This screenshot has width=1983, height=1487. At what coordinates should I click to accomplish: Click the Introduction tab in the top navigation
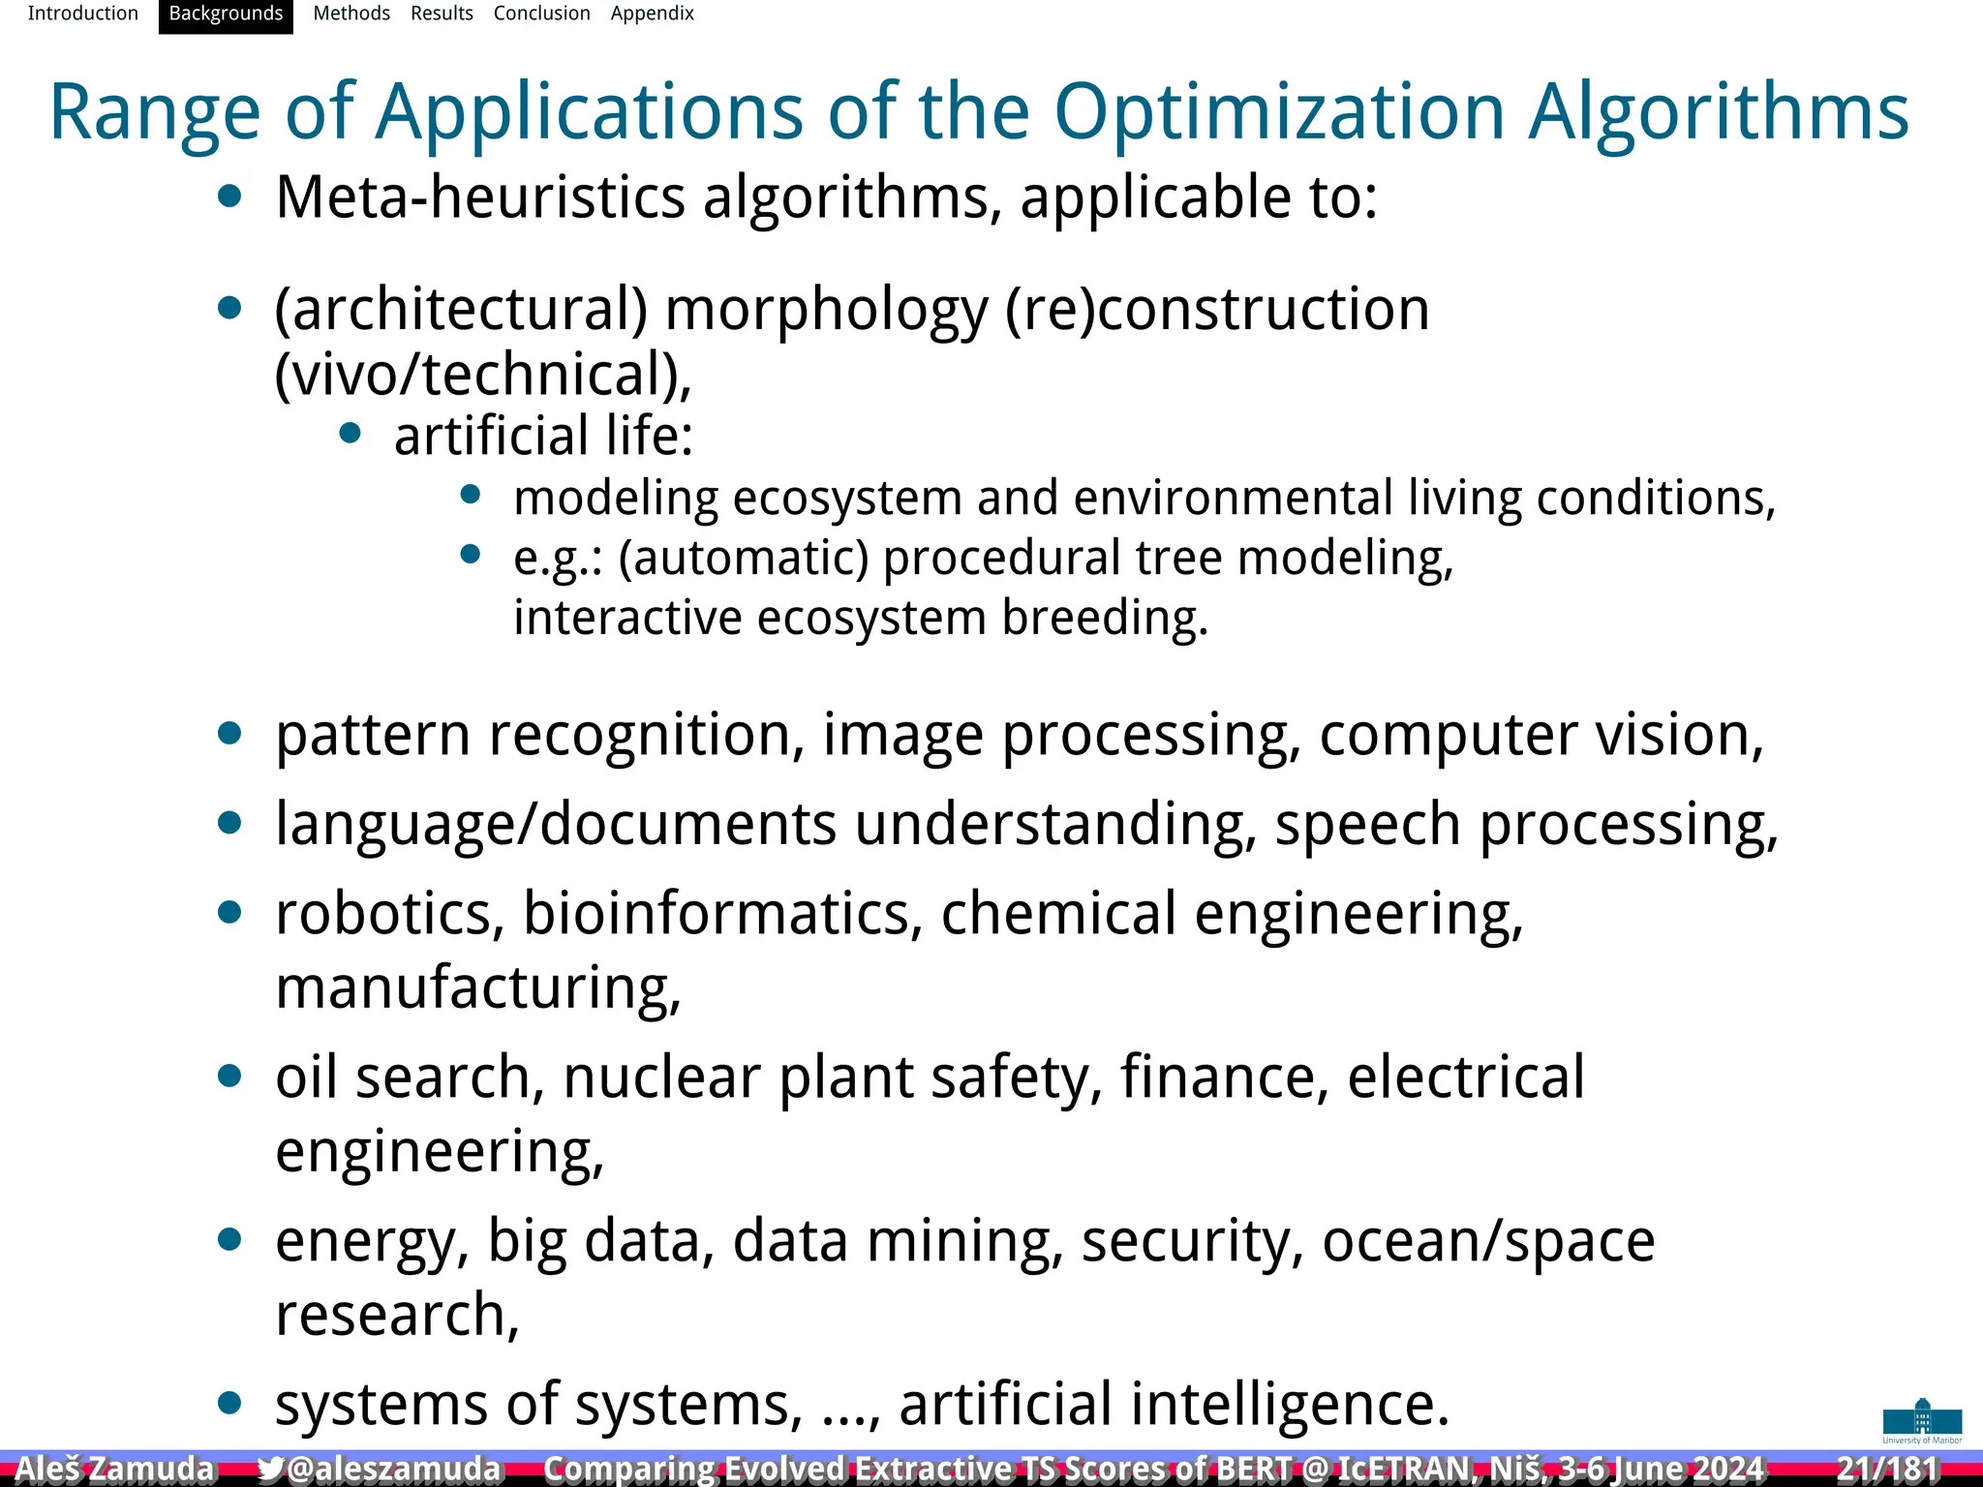click(x=82, y=14)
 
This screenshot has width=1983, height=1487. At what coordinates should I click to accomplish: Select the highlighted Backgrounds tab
click(x=226, y=15)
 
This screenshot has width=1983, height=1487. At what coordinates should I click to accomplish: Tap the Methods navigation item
click(x=351, y=14)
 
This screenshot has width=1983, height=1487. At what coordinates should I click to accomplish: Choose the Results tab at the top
click(x=442, y=14)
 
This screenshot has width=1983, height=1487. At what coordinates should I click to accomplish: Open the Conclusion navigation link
click(x=541, y=14)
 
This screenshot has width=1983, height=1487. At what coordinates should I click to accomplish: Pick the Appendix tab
click(x=652, y=14)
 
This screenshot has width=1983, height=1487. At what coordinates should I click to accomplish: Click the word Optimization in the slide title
click(x=1279, y=112)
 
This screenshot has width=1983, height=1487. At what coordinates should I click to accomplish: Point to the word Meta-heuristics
click(x=480, y=197)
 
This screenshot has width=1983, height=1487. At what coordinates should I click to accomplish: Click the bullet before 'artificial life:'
click(x=351, y=434)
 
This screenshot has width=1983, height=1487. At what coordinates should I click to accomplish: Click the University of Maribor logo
click(x=1922, y=1420)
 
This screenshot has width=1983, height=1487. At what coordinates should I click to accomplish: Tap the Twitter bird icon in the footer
click(x=270, y=1469)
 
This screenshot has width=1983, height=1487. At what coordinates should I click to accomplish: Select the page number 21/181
click(x=1888, y=1469)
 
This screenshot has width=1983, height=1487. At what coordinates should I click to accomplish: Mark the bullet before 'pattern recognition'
click(x=229, y=733)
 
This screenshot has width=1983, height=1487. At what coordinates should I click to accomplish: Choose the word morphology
click(x=826, y=310)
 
